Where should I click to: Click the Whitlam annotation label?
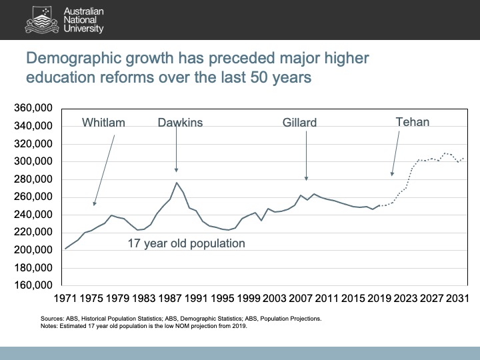pyautogui.click(x=103, y=122)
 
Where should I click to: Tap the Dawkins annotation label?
pyautogui.click(x=180, y=122)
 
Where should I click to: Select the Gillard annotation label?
pyautogui.click(x=299, y=123)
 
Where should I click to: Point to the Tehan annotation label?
pyautogui.click(x=412, y=121)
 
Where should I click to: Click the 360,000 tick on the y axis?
pyautogui.click(x=33, y=108)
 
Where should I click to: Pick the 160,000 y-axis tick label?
pyautogui.click(x=33, y=285)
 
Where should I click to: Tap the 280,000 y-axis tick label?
pyautogui.click(x=33, y=179)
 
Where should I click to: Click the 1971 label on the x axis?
pyautogui.click(x=66, y=298)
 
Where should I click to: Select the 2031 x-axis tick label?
pyautogui.click(x=458, y=298)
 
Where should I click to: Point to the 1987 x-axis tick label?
pyautogui.click(x=171, y=298)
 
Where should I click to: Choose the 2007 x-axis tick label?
pyautogui.click(x=301, y=298)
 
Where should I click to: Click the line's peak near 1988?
pyautogui.click(x=177, y=182)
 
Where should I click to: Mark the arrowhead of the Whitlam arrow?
pyautogui.click(x=94, y=204)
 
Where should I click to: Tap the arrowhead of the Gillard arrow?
pyautogui.click(x=307, y=179)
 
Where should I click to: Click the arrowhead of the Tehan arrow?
pyautogui.click(x=392, y=175)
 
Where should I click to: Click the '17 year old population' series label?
pyautogui.click(x=186, y=244)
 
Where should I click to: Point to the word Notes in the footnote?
pyautogui.click(x=49, y=326)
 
